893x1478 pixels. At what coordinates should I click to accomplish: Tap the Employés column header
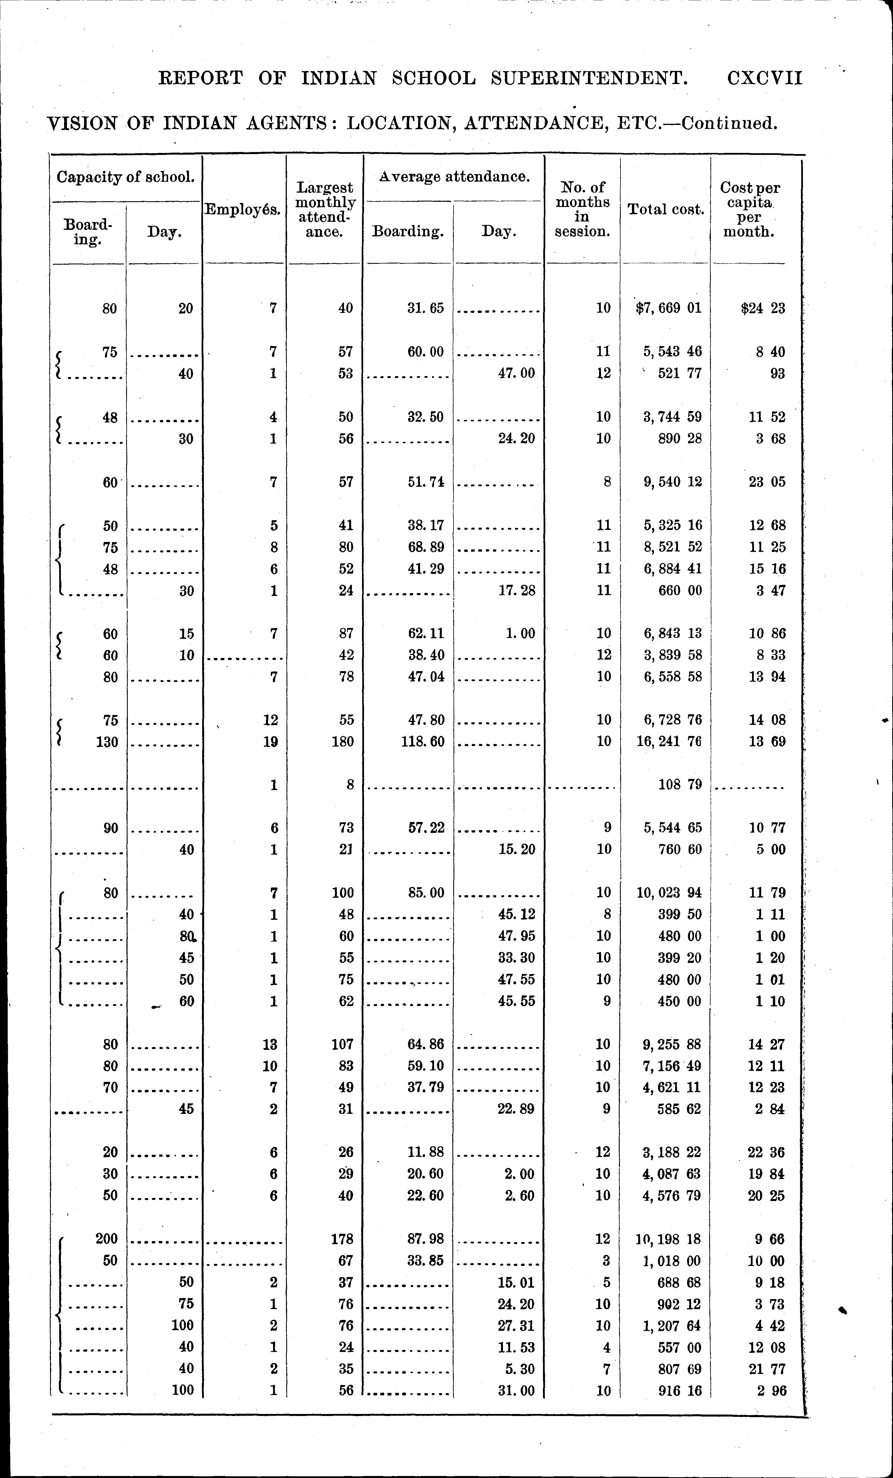[x=243, y=210]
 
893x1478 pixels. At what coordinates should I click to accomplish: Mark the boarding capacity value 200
[x=107, y=1239]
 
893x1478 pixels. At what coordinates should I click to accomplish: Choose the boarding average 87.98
[x=425, y=1239]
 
